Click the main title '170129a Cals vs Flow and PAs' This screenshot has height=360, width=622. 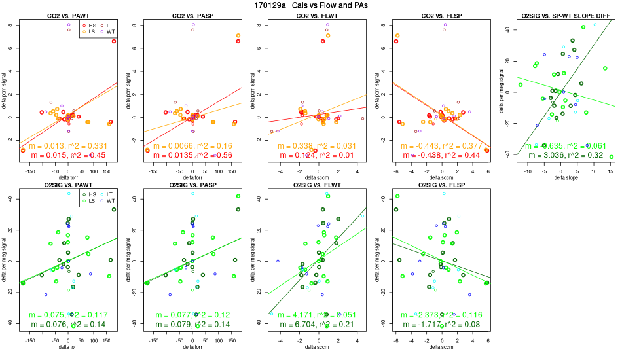click(x=311, y=5)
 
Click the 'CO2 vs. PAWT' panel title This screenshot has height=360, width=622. click(x=69, y=15)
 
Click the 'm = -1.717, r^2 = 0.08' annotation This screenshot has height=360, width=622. click(x=439, y=324)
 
